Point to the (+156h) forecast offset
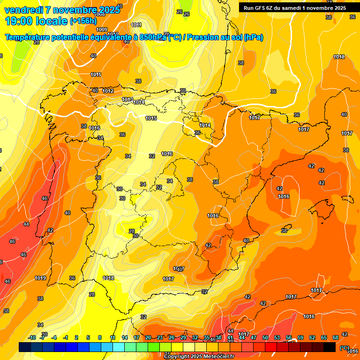pyautogui.click(x=83, y=21)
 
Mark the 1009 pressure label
pyautogui.click(x=102, y=30)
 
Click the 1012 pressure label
pyautogui.click(x=108, y=91)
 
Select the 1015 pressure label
pyautogui.click(x=151, y=118)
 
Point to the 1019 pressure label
pyautogui.click(x=40, y=278)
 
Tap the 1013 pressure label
pyautogui.click(x=127, y=99)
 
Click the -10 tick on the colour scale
pyautogui.click(x=32, y=337)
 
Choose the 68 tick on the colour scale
pyautogui.click(x=336, y=337)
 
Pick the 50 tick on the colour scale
pyautogui.click(x=265, y=337)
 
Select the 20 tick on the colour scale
pyautogui.click(x=148, y=337)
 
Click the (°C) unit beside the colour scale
pyautogui.click(x=345, y=348)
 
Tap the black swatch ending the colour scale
pyautogui.click(x=330, y=347)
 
